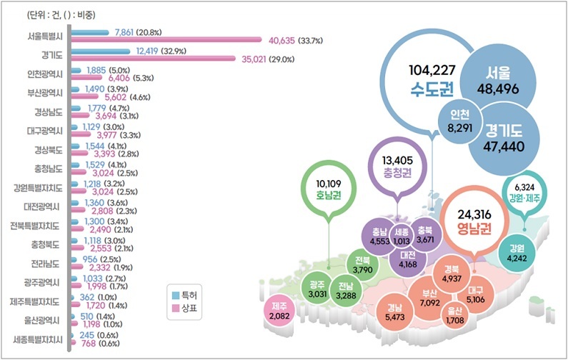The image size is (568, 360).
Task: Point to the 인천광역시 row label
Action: (x=44, y=74)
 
